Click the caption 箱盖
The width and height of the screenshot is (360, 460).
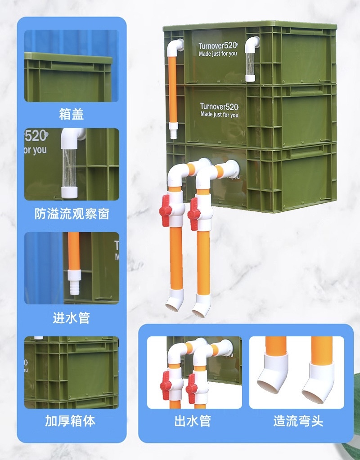(x=72, y=114)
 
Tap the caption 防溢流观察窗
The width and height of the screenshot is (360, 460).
(x=72, y=213)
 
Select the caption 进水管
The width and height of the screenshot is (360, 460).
(x=72, y=317)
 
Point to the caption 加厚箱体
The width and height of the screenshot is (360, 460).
(x=72, y=421)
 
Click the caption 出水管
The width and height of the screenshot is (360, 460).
(x=192, y=421)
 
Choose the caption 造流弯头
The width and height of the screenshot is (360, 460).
(x=298, y=421)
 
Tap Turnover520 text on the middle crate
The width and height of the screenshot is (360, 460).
(x=219, y=107)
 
